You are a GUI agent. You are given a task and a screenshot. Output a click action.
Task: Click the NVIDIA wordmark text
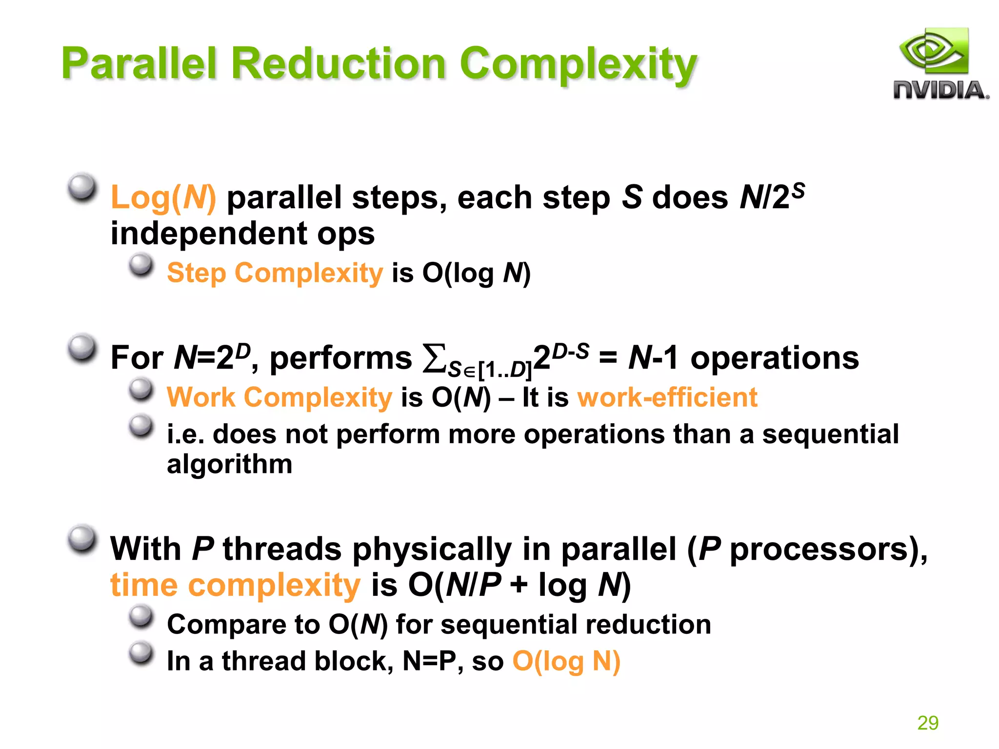point(940,91)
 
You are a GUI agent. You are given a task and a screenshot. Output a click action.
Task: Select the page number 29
point(928,723)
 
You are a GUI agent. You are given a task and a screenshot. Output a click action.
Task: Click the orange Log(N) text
point(163,198)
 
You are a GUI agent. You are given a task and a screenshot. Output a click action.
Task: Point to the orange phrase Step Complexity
point(275,273)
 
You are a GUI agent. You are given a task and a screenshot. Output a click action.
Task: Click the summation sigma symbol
point(434,357)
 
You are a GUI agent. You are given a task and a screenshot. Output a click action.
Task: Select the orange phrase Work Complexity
point(279,397)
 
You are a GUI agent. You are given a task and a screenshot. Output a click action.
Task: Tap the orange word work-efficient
point(667,397)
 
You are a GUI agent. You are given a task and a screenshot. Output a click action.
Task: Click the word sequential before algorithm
point(830,434)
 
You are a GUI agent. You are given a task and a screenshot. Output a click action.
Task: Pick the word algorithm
point(229,464)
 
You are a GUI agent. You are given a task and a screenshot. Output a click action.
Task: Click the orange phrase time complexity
point(235,585)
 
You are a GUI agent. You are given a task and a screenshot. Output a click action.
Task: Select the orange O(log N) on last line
point(566,661)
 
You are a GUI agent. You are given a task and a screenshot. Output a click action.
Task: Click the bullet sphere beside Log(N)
point(81,188)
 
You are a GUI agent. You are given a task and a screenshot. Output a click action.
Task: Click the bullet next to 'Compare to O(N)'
point(141,617)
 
